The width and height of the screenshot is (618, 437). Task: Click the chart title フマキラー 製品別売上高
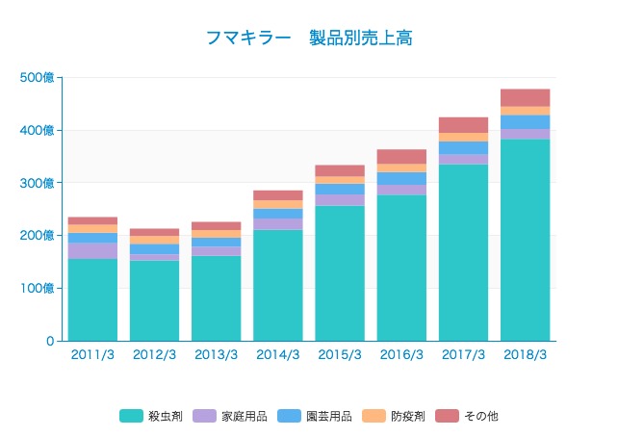click(309, 38)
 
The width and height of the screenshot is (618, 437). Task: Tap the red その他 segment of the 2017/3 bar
click(463, 125)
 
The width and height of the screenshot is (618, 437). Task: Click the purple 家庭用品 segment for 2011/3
click(92, 250)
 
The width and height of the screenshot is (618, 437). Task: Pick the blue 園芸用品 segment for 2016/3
click(401, 178)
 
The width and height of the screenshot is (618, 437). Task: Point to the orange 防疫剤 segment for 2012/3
click(154, 240)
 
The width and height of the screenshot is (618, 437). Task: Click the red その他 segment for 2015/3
click(340, 170)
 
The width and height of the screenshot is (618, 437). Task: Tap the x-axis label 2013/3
click(216, 354)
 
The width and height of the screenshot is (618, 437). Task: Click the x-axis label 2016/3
click(401, 354)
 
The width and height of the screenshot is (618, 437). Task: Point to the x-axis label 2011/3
click(92, 354)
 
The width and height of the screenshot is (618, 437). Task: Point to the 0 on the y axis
click(50, 341)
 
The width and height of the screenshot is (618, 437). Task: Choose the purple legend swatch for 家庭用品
click(205, 417)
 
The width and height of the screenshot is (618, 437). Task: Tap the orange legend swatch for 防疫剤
click(370, 417)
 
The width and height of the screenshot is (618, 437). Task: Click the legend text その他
click(481, 417)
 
